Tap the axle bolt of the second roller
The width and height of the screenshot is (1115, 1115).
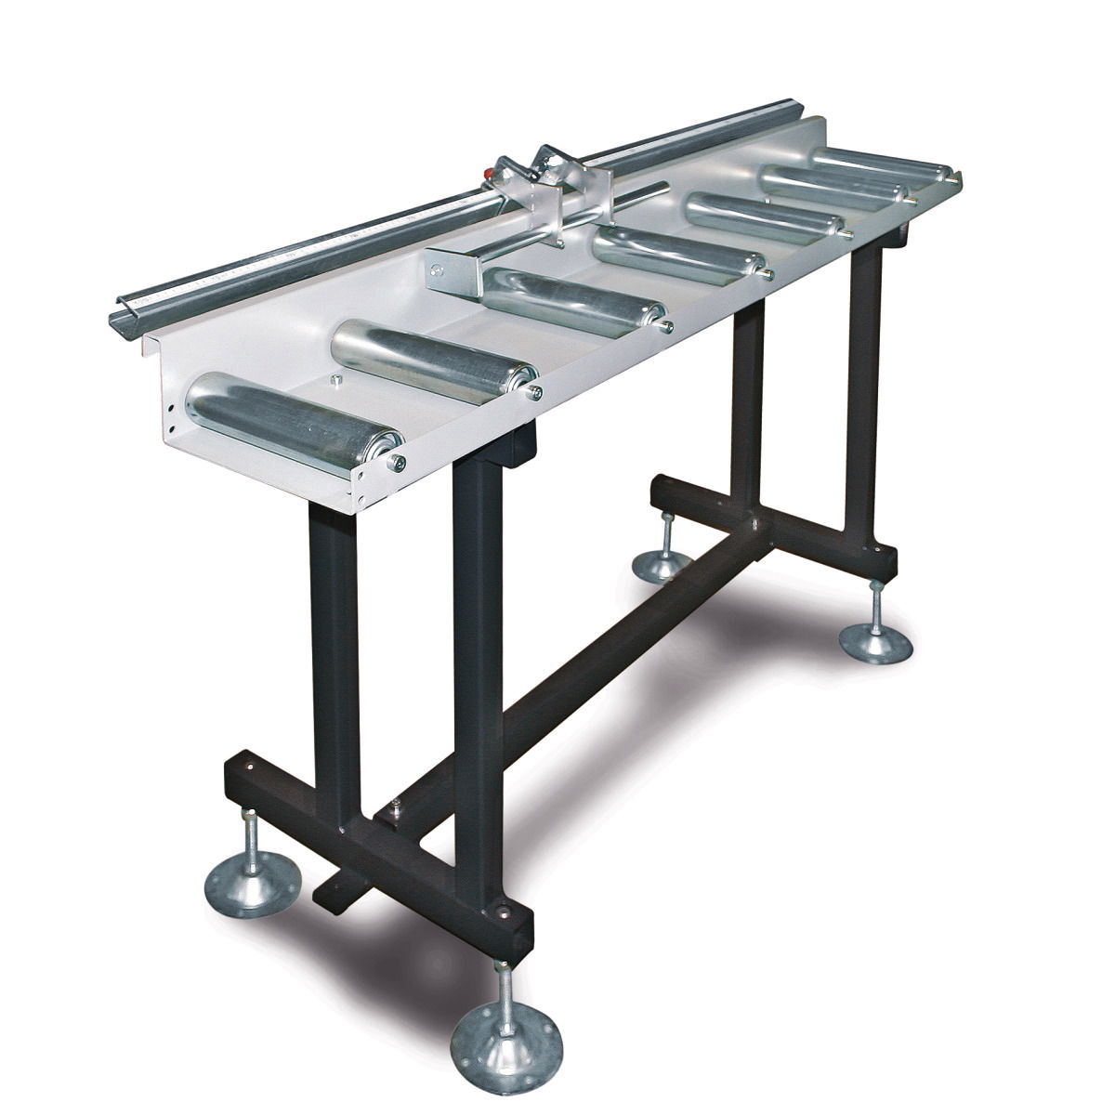pos(536,393)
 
